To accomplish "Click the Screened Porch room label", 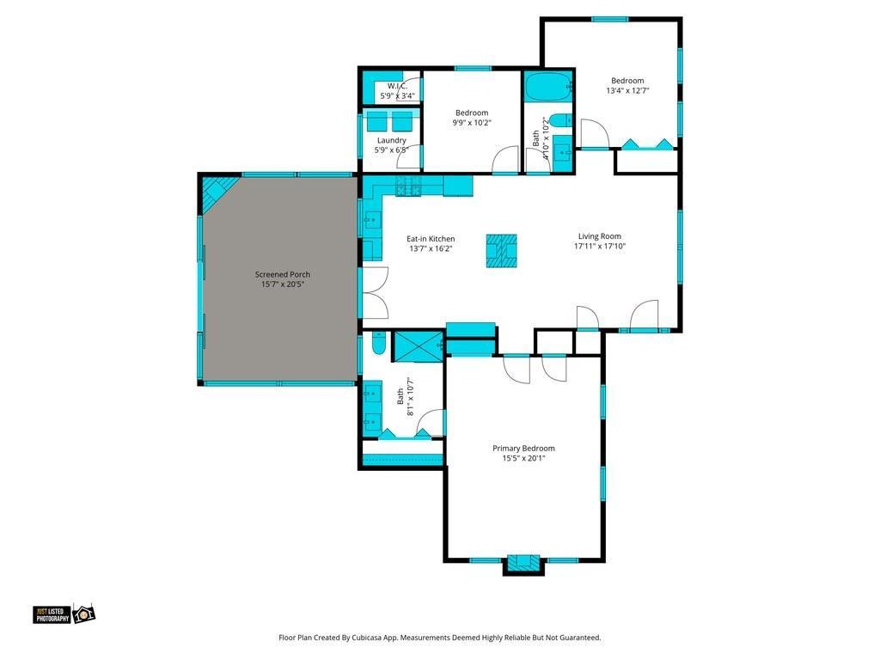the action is tap(282, 274).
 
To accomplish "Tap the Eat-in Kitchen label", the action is tap(431, 239).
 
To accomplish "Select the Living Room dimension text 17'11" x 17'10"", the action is tap(599, 246).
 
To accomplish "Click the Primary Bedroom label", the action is tap(523, 448).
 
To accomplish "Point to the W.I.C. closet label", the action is tap(397, 86).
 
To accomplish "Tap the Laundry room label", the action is tap(392, 140).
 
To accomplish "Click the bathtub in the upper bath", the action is tap(548, 87).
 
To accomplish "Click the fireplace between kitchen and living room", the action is tap(501, 251).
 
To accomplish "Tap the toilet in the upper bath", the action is tap(560, 120).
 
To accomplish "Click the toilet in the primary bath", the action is tap(379, 344).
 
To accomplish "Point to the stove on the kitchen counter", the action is tap(408, 186).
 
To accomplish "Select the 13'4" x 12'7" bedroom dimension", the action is tap(627, 90).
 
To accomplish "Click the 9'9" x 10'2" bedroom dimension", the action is tap(472, 122).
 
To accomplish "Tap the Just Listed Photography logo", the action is tap(64, 614).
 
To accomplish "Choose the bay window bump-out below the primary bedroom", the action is tap(523, 565).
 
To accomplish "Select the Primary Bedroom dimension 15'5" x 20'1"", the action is tap(523, 458).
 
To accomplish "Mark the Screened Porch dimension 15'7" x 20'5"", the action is tap(282, 284).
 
